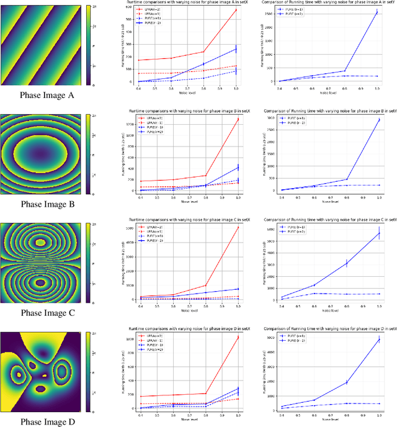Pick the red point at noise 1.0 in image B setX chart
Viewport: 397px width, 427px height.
point(238,119)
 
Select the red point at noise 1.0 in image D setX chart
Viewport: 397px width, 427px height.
point(238,338)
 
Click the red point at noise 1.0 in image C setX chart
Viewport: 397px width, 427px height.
point(238,228)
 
